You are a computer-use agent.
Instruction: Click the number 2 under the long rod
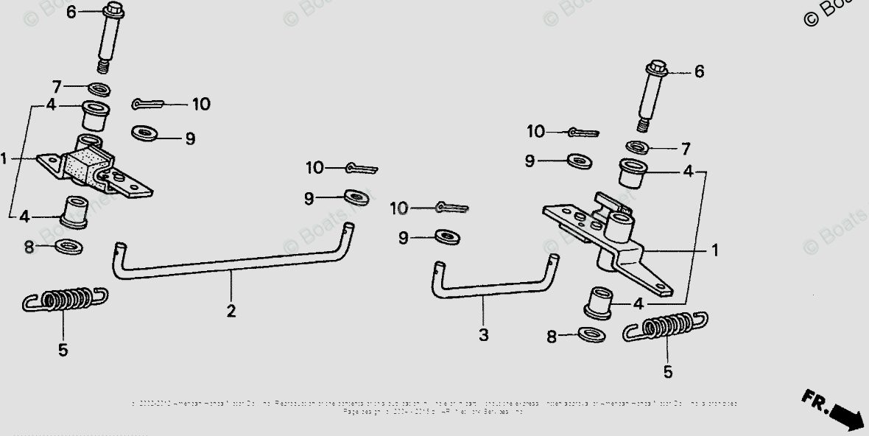point(231,311)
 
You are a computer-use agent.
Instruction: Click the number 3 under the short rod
point(483,335)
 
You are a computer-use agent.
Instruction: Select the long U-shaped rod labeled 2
point(228,267)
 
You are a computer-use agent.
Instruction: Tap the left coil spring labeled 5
point(65,300)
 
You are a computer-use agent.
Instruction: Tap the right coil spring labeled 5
point(666,326)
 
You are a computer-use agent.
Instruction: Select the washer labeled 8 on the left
point(68,246)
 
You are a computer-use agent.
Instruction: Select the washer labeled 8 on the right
point(591,335)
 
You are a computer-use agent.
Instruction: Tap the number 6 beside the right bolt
point(699,71)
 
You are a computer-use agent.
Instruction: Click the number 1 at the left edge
point(4,158)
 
